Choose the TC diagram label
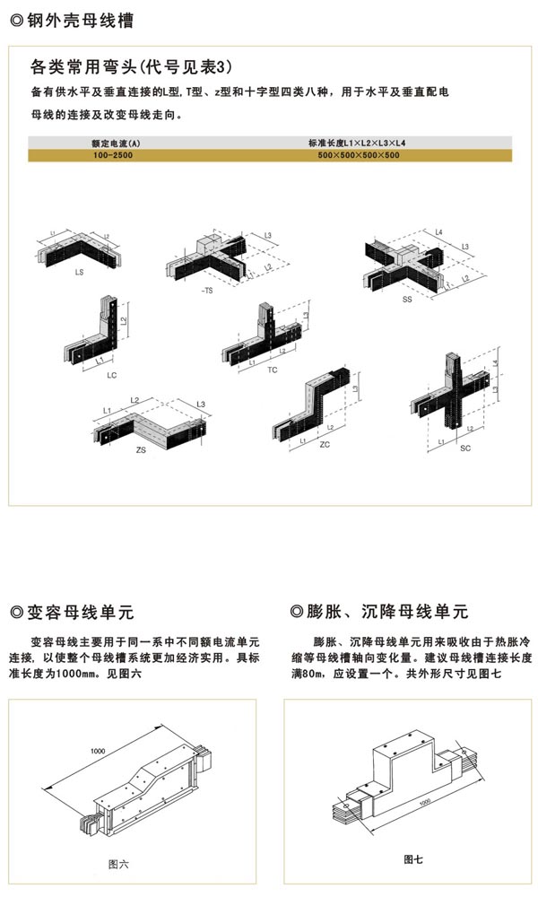pyautogui.click(x=273, y=369)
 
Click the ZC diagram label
pyautogui.click(x=325, y=443)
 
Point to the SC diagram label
pyautogui.click(x=464, y=446)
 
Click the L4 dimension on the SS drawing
pyautogui.click(x=438, y=232)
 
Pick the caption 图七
pyautogui.click(x=413, y=859)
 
